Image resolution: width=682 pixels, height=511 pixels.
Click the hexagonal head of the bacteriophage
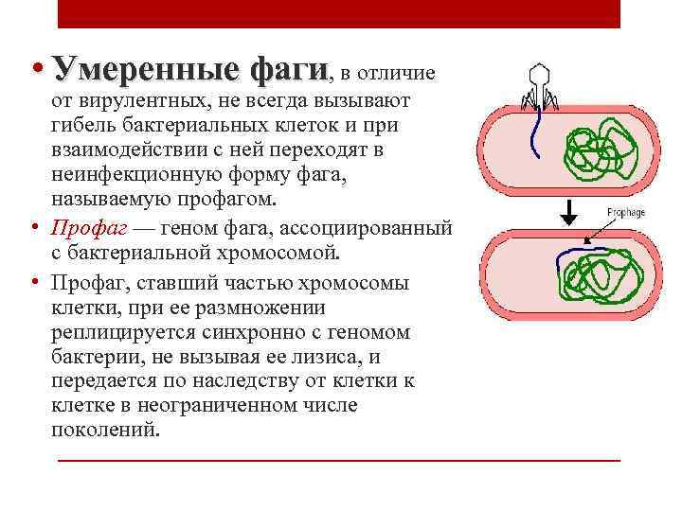point(539,76)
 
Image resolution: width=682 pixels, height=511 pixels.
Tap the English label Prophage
point(624,213)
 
